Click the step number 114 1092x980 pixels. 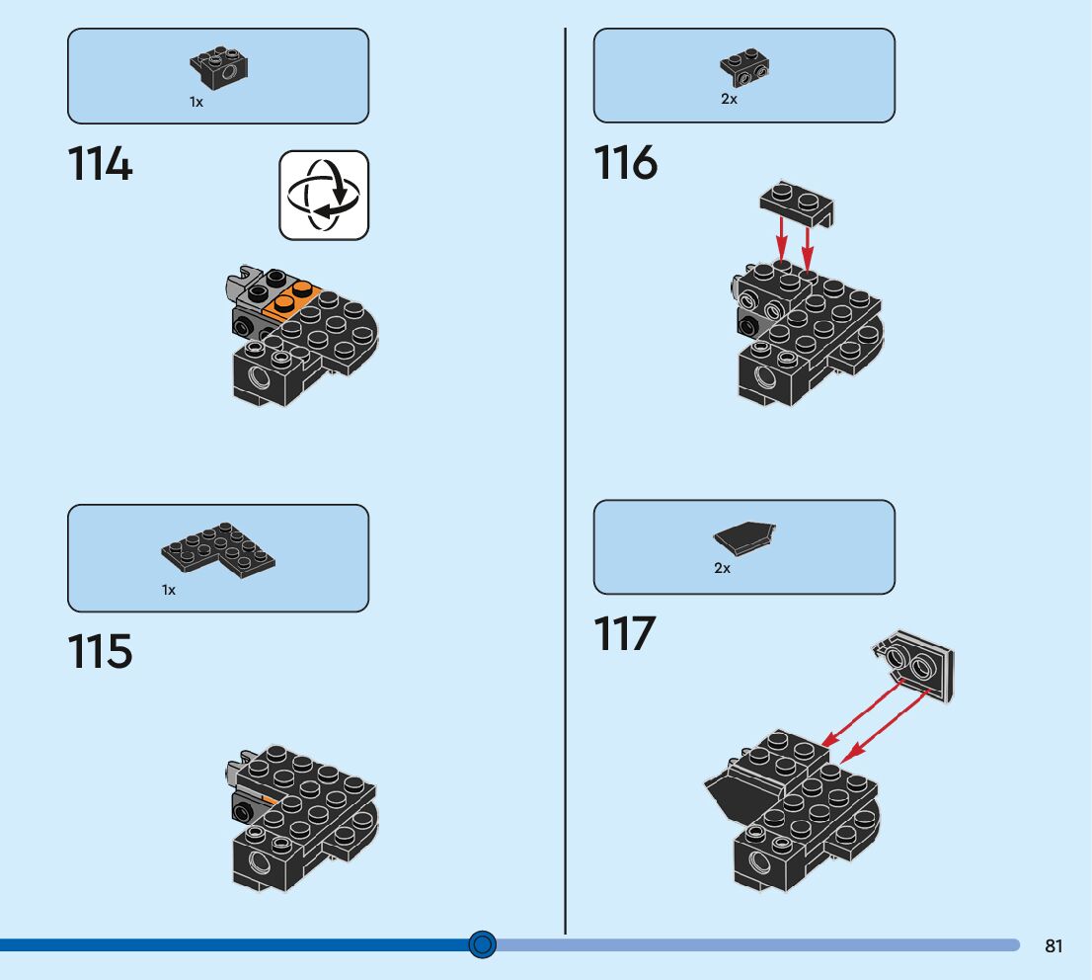tap(100, 164)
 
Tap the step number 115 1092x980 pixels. tap(100, 651)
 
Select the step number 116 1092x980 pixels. tap(625, 163)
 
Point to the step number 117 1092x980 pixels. tap(625, 633)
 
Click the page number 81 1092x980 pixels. tap(1053, 945)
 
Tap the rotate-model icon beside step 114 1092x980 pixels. tap(323, 195)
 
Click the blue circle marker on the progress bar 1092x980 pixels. tap(482, 944)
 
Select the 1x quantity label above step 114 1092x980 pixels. tap(196, 102)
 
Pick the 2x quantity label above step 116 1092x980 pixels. tap(729, 99)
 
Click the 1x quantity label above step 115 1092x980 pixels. tap(169, 590)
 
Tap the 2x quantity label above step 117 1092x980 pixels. tap(722, 568)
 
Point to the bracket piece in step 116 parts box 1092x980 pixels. tap(744, 67)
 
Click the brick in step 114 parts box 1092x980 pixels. tap(219, 66)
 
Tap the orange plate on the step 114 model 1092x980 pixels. tap(292, 299)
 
